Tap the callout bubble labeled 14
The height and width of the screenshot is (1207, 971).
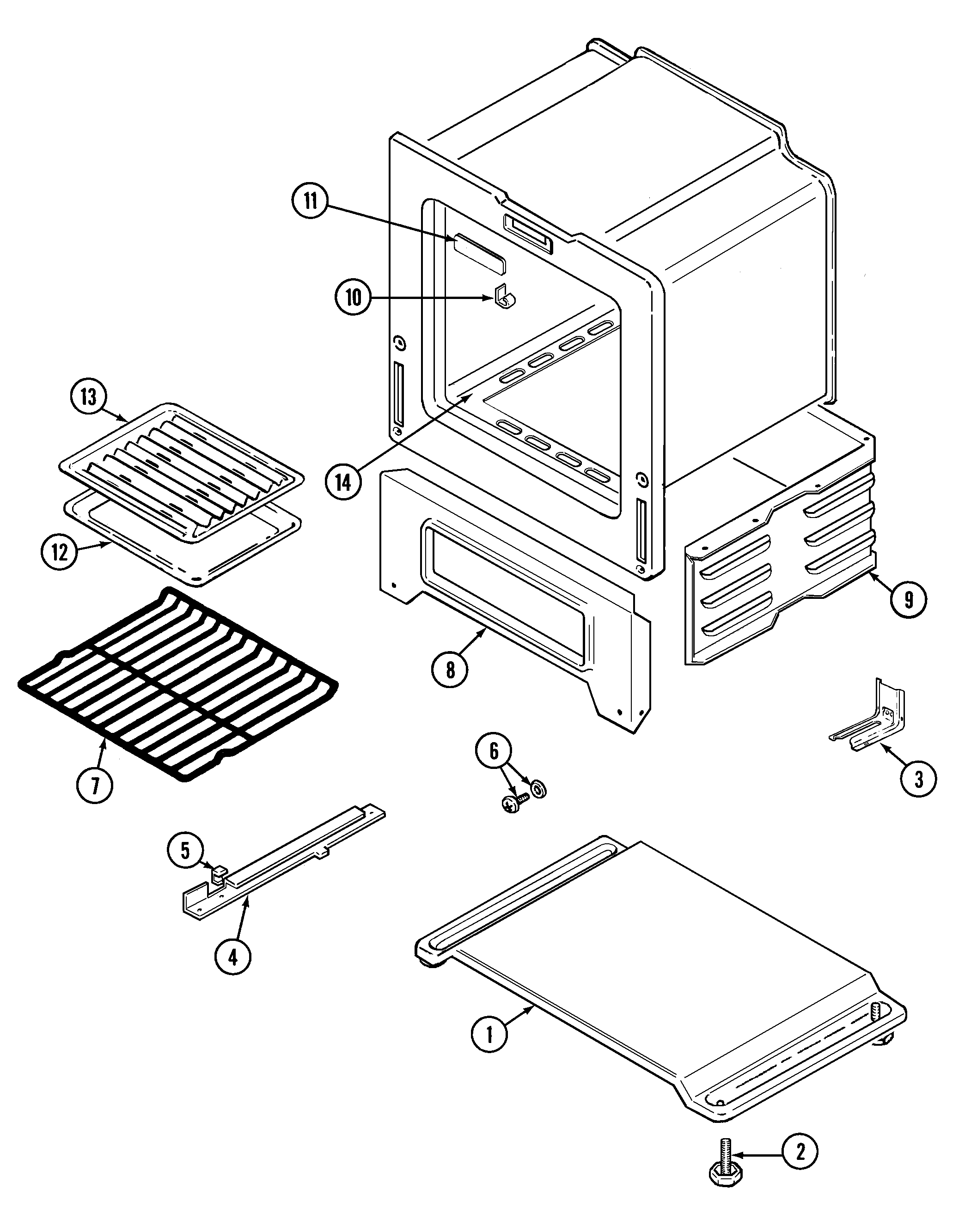coord(343,482)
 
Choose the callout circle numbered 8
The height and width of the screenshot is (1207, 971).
coord(450,669)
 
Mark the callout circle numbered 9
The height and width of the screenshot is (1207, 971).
coord(908,600)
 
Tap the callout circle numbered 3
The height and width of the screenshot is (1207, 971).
coord(918,779)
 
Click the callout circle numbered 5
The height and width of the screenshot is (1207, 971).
coord(185,850)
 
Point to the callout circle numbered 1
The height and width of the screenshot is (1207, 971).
coord(489,1035)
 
